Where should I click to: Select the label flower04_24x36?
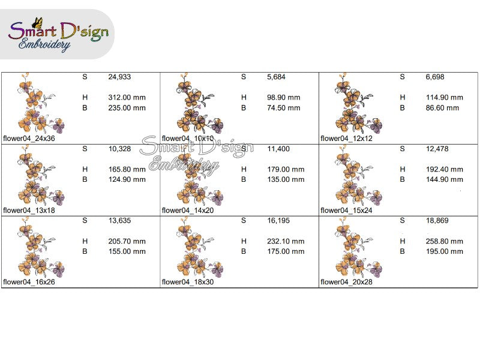click(29, 138)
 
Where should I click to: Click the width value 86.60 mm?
click(442, 108)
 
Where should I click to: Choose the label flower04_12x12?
click(346, 138)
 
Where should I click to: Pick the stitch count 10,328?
click(119, 149)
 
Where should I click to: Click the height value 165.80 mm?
click(127, 169)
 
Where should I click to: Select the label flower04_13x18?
click(29, 210)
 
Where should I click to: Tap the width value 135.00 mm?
click(286, 179)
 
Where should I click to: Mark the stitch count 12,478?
click(437, 149)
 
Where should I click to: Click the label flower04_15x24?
click(346, 210)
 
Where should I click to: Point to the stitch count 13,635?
click(119, 221)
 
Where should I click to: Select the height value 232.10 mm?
click(286, 241)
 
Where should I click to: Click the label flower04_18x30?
click(188, 281)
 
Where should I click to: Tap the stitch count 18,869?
click(437, 221)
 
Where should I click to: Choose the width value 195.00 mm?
click(445, 251)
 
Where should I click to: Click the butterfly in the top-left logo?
click(39, 23)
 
